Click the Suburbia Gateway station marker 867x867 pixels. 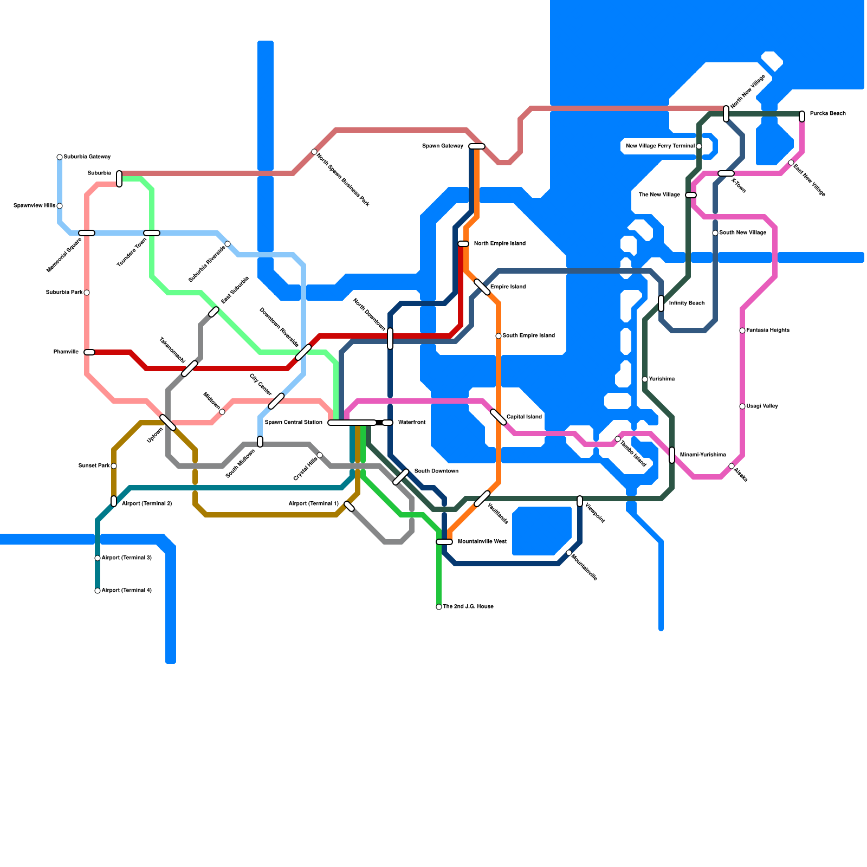60,157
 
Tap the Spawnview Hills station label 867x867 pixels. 34,206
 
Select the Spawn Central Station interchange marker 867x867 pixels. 352,423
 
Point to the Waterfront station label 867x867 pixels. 412,423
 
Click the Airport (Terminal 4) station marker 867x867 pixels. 98,591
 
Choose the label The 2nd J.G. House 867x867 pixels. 468,607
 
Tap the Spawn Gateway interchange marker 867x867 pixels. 477,146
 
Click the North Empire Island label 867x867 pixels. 500,244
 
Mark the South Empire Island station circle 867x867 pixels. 499,336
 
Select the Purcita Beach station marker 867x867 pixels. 802,116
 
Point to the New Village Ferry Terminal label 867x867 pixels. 660,146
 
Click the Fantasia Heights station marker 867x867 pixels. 742,331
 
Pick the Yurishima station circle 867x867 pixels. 645,379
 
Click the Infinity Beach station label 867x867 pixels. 687,303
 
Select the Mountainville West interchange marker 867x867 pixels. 444,542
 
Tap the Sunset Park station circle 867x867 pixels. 114,466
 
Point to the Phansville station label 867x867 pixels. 66,352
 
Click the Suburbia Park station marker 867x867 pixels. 87,293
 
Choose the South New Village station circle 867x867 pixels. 715,233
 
